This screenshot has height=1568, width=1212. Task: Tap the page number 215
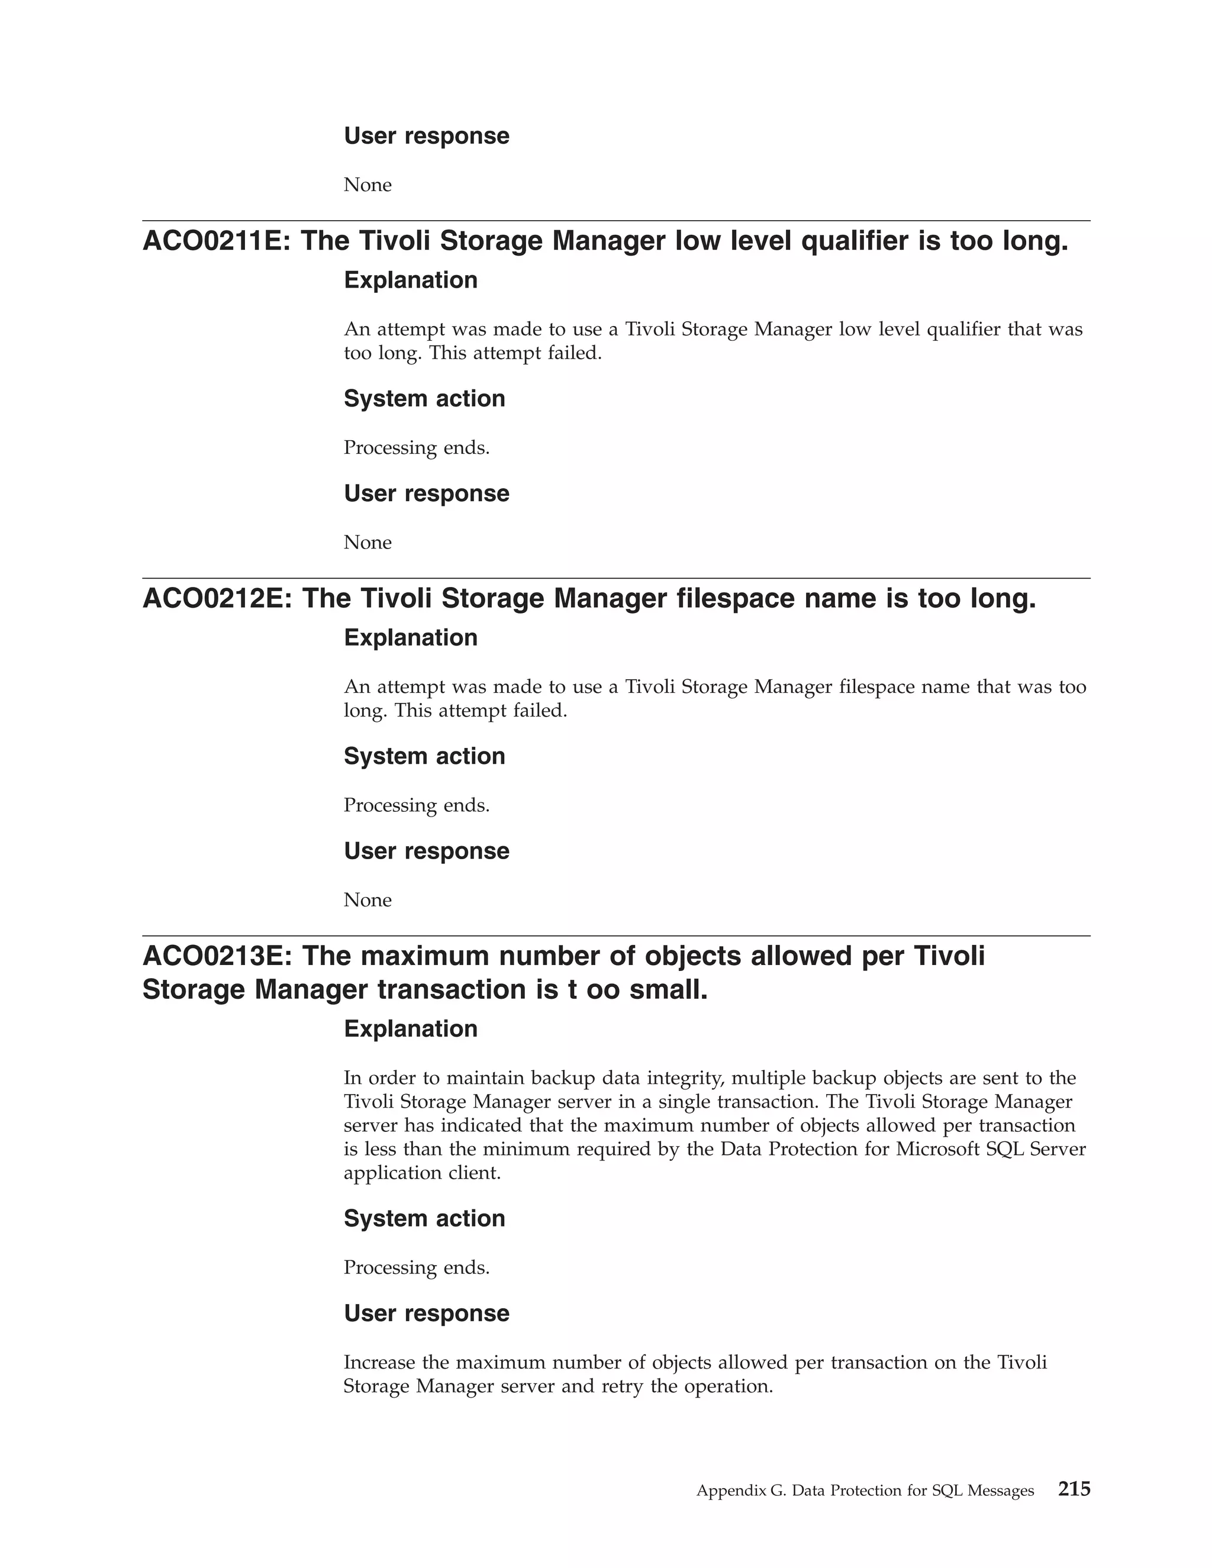1074,1489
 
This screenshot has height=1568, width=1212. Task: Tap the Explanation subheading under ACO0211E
411,280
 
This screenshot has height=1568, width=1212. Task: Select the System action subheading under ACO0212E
424,756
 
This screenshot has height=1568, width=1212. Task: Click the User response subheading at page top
427,135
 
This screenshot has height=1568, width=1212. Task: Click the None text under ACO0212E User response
368,901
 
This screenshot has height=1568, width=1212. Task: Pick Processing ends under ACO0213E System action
417,1268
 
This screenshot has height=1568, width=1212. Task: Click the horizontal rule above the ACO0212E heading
616,578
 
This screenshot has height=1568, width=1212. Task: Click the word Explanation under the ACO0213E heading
411,1029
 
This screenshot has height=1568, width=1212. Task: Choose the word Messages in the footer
1000,1491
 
